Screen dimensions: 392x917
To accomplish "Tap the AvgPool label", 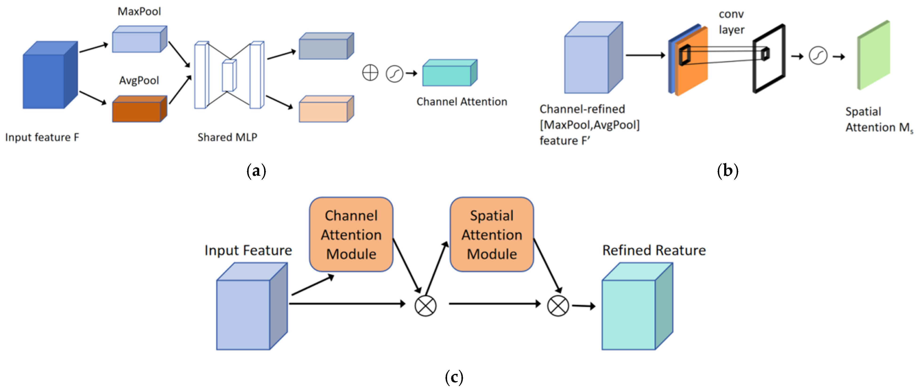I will [139, 81].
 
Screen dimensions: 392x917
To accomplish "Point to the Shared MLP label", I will [227, 137].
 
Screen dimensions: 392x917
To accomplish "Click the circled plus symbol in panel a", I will [370, 73].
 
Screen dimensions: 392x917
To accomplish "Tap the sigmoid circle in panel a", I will [394, 74].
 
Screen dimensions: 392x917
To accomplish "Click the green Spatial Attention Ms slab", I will [873, 56].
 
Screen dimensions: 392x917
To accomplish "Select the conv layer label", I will [731, 22].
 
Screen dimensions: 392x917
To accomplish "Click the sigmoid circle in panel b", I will [818, 56].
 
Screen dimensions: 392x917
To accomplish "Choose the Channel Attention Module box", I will [351, 235].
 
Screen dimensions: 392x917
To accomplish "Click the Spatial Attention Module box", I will [492, 235].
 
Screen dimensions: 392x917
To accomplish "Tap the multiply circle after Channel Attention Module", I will [425, 306].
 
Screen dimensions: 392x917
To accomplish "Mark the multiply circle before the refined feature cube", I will [558, 306].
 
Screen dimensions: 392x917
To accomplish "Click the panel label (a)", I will [256, 171].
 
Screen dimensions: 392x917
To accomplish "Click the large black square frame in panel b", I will [769, 59].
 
